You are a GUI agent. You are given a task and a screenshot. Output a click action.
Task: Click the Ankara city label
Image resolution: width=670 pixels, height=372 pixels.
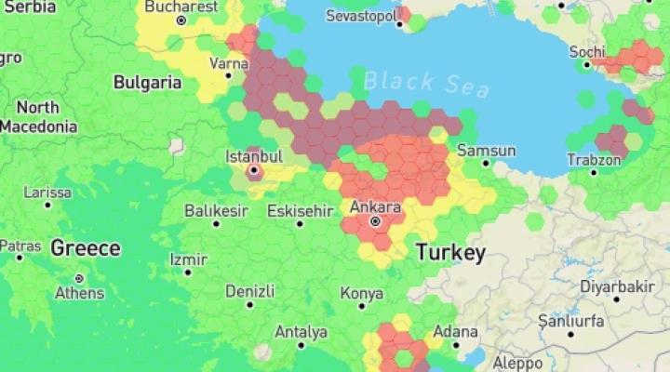pyautogui.click(x=376, y=206)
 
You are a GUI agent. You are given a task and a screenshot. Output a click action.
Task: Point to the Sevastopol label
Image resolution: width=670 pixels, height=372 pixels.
pyautogui.click(x=361, y=17)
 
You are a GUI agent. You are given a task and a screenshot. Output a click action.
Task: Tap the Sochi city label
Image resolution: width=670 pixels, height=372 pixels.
pyautogui.click(x=586, y=51)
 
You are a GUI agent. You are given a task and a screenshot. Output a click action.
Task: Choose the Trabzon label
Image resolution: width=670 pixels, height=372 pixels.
pyautogui.click(x=594, y=159)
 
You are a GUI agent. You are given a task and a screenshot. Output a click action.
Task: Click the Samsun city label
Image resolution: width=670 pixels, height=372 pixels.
pyautogui.click(x=486, y=151)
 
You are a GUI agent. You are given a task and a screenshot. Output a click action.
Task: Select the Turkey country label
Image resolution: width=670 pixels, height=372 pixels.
pyautogui.click(x=450, y=252)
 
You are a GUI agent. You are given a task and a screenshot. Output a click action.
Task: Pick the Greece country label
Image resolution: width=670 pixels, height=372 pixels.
pyautogui.click(x=85, y=248)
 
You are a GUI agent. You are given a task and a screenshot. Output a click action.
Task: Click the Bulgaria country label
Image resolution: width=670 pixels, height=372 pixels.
pyautogui.click(x=147, y=82)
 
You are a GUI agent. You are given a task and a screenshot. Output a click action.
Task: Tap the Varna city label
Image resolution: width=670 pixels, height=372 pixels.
pyautogui.click(x=229, y=63)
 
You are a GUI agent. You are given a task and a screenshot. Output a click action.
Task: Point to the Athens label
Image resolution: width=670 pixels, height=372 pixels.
pyautogui.click(x=79, y=292)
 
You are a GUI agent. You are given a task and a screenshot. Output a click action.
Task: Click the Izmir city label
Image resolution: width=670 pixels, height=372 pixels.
pyautogui.click(x=188, y=259)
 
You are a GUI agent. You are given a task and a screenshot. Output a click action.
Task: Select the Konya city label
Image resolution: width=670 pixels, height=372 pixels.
pyautogui.click(x=361, y=293)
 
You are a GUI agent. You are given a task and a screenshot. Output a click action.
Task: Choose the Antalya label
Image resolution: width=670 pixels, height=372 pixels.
pyautogui.click(x=301, y=331)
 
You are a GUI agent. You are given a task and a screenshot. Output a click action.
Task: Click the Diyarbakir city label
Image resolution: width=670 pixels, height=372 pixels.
pyautogui.click(x=617, y=286)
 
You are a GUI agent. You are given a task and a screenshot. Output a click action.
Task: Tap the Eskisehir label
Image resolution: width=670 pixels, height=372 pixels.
pyautogui.click(x=299, y=210)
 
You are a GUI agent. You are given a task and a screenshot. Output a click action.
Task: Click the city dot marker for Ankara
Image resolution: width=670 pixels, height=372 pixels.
pyautogui.click(x=376, y=221)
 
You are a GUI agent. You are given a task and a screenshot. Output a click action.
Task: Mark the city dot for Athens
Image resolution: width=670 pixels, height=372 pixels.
pyautogui.click(x=79, y=278)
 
